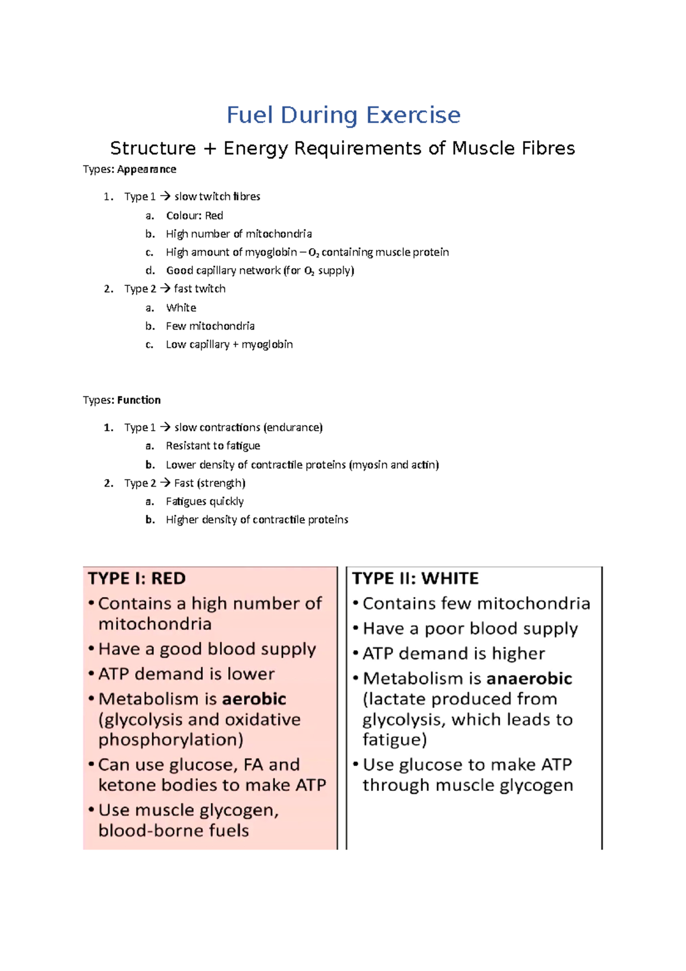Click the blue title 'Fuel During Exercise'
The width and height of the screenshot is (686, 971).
(x=343, y=115)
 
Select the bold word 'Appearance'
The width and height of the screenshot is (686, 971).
(x=146, y=169)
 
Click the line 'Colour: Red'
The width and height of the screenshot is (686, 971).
(x=194, y=216)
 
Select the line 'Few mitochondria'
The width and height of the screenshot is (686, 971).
(x=210, y=326)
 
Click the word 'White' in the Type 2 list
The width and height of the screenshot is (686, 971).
(x=181, y=308)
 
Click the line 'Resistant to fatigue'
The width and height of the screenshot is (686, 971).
(x=213, y=445)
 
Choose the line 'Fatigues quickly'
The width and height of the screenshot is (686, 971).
(x=205, y=502)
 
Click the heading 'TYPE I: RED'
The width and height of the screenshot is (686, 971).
(x=137, y=578)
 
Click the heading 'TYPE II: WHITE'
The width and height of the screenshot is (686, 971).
(x=416, y=578)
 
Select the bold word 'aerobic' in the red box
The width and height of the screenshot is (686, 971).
(x=254, y=699)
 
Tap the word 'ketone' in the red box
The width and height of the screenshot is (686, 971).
(x=127, y=785)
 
